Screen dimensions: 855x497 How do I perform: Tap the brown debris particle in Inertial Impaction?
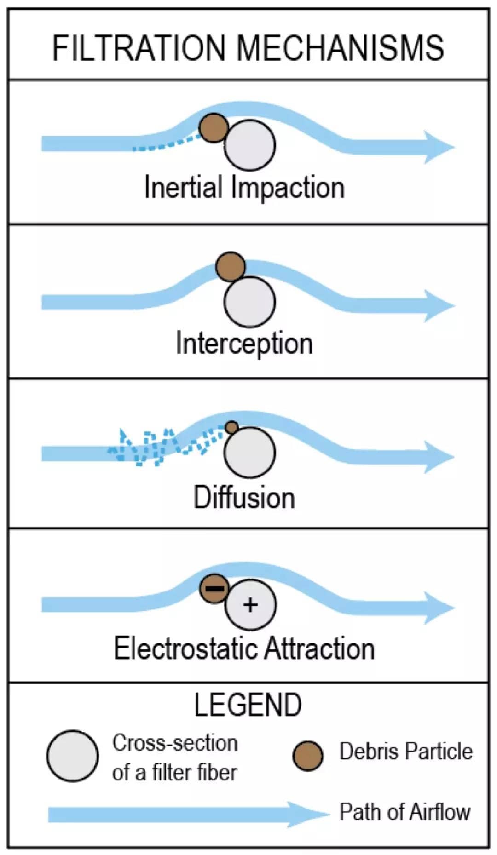point(214,127)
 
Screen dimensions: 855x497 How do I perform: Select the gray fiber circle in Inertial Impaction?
point(250,145)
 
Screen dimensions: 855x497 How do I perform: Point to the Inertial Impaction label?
point(244,188)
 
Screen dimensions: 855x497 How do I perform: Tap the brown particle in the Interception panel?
point(231,266)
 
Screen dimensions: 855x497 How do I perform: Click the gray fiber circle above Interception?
point(250,302)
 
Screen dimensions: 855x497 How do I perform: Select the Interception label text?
point(244,344)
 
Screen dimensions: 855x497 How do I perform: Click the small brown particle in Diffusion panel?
point(232,427)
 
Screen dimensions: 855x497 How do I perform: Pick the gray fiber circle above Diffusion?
point(250,453)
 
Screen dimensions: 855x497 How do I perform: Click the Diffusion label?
point(244,498)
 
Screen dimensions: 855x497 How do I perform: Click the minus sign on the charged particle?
point(214,588)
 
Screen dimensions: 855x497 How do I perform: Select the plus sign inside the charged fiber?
point(250,605)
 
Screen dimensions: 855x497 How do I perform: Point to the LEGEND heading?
point(248,705)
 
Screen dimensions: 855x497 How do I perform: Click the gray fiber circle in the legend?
point(72,756)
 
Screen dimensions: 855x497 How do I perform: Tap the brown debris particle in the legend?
point(308,756)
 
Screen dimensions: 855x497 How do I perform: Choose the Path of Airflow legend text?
point(405,812)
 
